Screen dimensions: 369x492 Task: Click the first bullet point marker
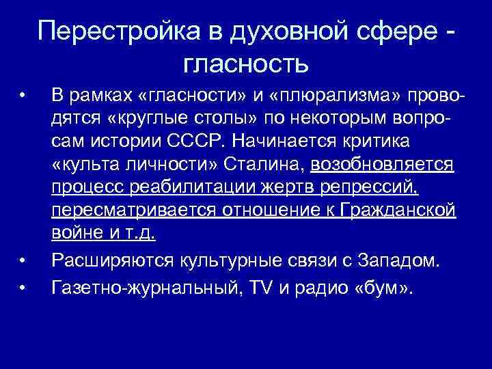(23, 92)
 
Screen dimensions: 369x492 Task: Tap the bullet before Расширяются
(23, 260)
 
